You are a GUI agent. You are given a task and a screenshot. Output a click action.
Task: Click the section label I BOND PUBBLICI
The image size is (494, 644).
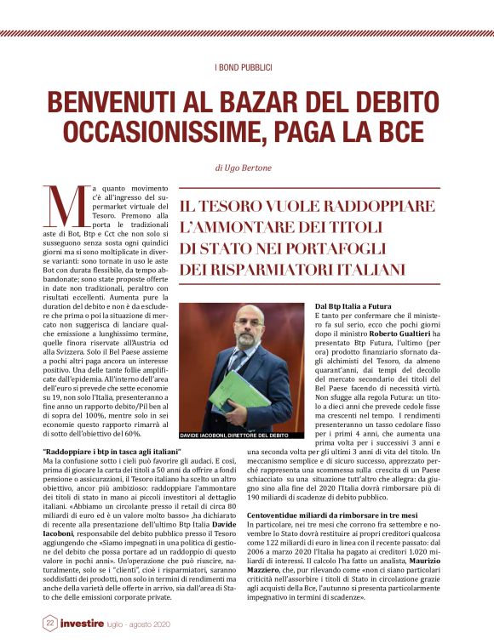[246, 67]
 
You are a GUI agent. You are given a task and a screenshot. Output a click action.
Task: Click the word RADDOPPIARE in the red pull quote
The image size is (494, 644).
[380, 208]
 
